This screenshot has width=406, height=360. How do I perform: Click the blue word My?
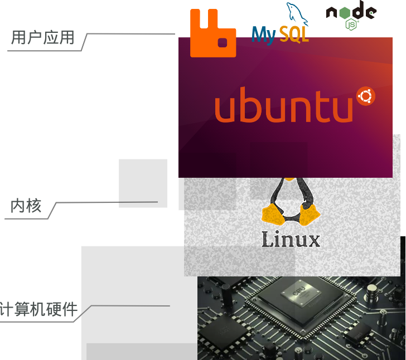[263, 35]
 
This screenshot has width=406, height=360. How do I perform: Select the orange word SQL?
[294, 35]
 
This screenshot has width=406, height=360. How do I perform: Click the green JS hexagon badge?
[351, 25]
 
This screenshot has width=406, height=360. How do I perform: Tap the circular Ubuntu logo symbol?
[365, 96]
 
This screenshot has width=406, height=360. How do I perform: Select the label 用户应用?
[43, 38]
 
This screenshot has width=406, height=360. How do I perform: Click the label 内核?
[26, 206]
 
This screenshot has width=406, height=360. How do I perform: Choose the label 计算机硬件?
[39, 309]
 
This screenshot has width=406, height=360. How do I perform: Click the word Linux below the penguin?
[291, 240]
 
